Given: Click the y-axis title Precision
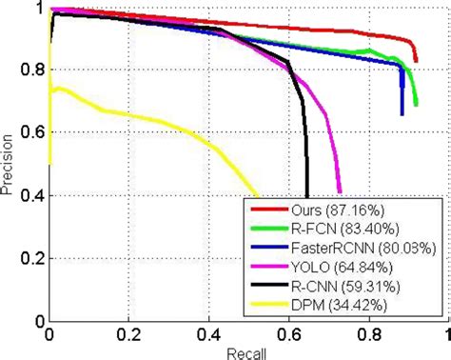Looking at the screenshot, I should (x=9, y=167).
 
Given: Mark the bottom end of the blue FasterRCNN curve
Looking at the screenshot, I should (x=402, y=114).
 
